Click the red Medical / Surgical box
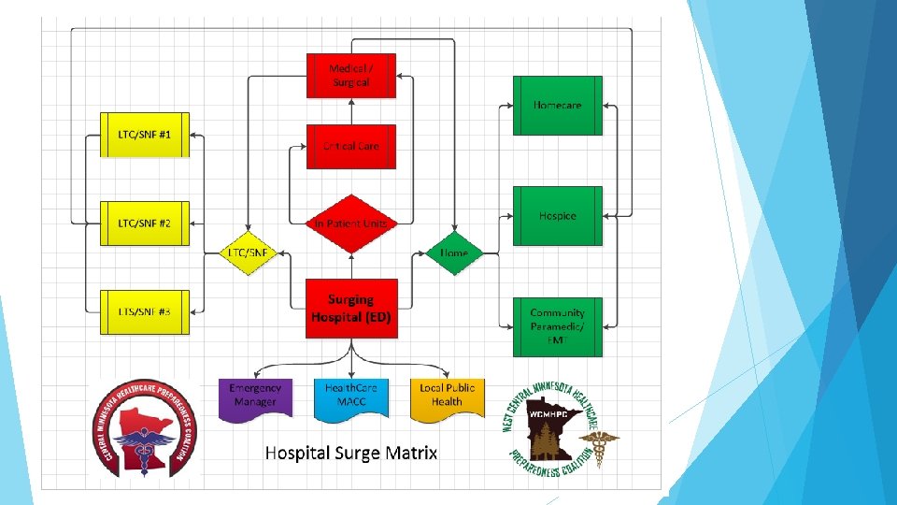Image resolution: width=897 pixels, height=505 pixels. [350, 76]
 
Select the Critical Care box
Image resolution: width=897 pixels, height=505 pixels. [350, 146]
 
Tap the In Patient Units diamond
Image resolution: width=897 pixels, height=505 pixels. [350, 224]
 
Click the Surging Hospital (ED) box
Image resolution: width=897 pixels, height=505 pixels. [350, 308]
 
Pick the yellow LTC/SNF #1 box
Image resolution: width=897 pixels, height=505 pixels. [144, 136]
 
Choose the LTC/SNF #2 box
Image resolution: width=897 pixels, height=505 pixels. [144, 224]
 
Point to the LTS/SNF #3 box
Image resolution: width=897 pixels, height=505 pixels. [144, 310]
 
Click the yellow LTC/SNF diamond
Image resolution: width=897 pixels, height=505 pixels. [248, 253]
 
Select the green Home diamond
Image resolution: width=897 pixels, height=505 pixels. [454, 253]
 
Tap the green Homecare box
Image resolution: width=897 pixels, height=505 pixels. [557, 106]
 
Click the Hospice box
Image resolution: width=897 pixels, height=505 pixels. [557, 216]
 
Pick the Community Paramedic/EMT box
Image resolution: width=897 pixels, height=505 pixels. [557, 326]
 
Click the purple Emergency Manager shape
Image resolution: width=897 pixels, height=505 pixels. [255, 396]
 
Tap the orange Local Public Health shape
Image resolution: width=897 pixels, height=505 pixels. [447, 396]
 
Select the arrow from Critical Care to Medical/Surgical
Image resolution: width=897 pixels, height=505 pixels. [350, 111]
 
